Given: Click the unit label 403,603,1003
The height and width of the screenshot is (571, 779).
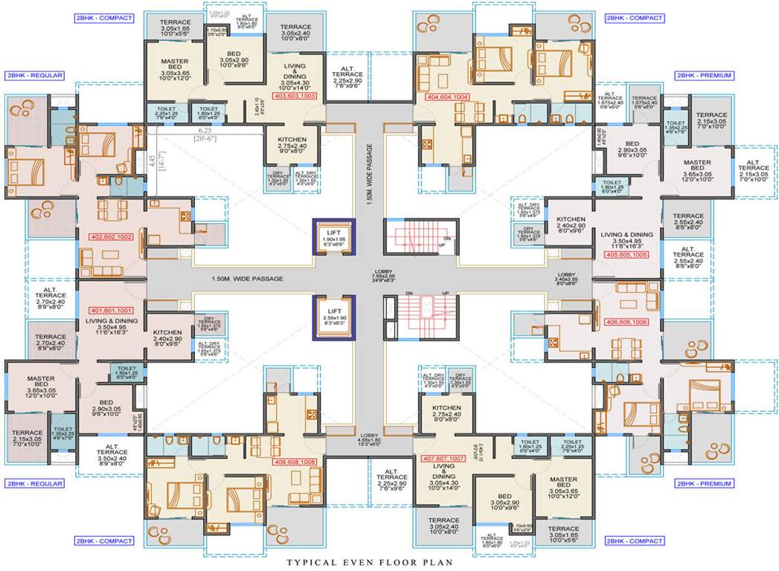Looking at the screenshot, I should pos(295,97).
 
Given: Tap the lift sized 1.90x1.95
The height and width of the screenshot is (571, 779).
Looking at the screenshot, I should pos(329,237).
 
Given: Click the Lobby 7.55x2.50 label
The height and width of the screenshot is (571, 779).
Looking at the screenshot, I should pos(365,276).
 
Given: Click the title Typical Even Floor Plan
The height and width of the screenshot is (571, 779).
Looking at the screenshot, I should pos(389,563).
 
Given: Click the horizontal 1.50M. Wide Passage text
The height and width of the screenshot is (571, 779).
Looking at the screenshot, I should pos(247,279).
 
